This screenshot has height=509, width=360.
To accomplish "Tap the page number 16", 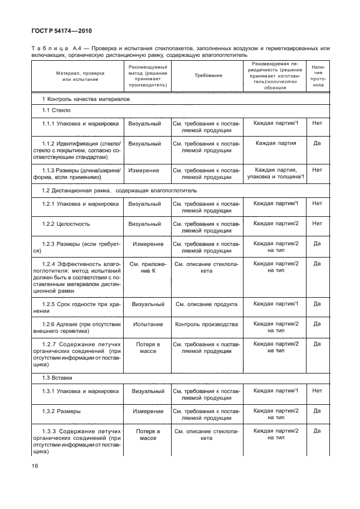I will [x=35, y=462].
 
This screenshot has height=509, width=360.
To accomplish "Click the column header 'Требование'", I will [x=208, y=75].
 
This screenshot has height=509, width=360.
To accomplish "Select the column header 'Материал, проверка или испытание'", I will [x=76, y=75].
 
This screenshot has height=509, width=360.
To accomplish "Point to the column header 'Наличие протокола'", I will [x=317, y=75].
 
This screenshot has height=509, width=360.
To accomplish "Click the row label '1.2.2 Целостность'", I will [x=66, y=224].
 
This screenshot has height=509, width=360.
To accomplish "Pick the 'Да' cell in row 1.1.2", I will [x=317, y=143].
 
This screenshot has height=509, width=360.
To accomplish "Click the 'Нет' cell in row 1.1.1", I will [x=317, y=123].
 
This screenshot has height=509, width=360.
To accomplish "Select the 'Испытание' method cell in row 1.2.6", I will [x=148, y=324].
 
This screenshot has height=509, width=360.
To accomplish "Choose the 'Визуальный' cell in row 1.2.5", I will [x=148, y=304].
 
